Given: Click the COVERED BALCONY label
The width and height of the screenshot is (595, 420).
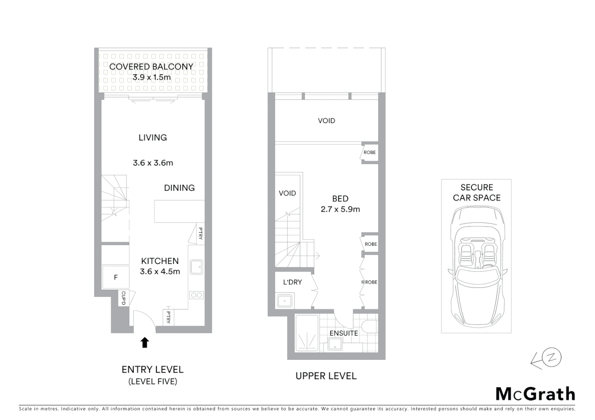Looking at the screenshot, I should pos(151,66).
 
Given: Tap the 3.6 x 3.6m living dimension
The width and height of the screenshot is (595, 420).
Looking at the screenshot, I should pos(153,163).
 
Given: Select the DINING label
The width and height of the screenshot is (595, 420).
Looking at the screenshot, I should pos(179,188).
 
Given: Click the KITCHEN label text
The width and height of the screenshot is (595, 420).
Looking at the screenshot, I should pos(160,261).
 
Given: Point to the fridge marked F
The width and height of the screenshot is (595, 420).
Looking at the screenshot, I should pos(116,277).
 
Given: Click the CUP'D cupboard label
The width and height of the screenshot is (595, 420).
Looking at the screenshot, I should pos(123,298).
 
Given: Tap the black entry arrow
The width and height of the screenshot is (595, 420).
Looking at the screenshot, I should pos(144,342).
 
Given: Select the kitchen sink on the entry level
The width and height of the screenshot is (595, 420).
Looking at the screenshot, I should pos(196,267).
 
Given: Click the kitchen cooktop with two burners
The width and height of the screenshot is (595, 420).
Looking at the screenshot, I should pos(196,295).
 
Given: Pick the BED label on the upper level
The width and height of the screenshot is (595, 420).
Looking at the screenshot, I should pos(340,199).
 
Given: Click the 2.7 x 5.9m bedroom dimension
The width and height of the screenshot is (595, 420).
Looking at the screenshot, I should pos(340,209).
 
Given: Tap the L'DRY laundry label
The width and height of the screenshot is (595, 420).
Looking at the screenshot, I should pos(292,282).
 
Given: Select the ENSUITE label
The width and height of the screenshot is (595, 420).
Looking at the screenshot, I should pos(343,333).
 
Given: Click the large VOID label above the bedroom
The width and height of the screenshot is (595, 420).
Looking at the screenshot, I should pos(326,121).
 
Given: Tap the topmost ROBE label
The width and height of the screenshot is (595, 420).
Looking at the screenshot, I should pos(370,152).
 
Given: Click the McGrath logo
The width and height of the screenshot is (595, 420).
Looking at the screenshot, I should pos(535,394).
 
